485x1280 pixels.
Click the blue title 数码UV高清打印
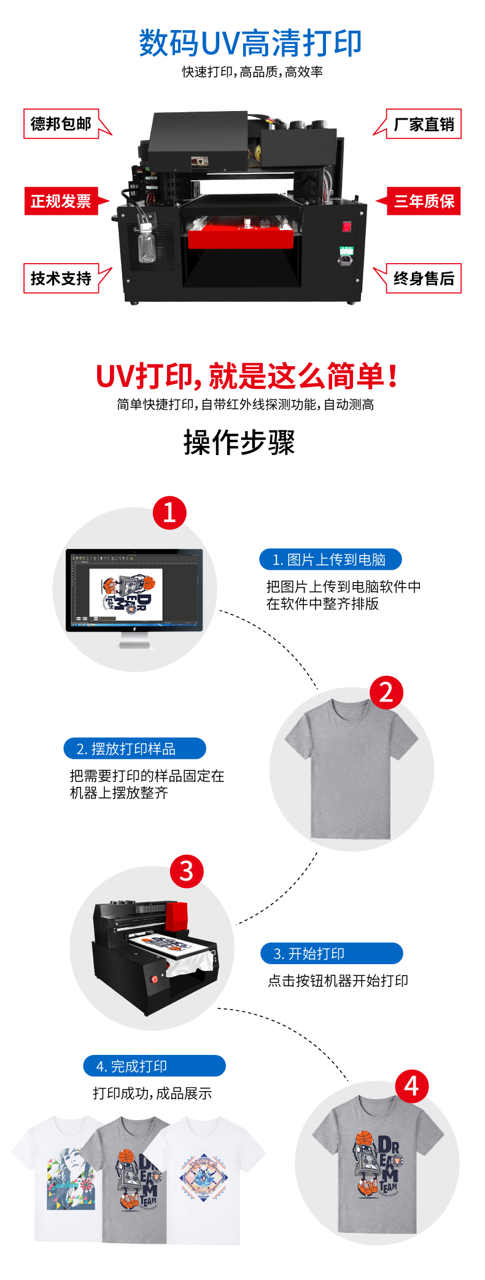(x=250, y=43)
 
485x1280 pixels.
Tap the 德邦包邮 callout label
(x=61, y=124)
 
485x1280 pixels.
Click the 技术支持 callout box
(x=61, y=278)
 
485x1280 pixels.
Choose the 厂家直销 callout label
(x=424, y=124)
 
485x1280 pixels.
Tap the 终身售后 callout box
(x=424, y=278)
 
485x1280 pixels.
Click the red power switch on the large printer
(x=347, y=227)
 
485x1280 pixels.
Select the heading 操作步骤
(x=239, y=442)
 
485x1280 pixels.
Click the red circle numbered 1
(x=169, y=513)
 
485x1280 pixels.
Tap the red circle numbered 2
(x=386, y=692)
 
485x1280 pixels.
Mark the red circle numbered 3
(x=187, y=871)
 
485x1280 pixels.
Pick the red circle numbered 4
(x=411, y=1086)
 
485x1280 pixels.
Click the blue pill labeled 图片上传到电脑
(x=330, y=559)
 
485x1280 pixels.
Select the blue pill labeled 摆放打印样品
(x=135, y=748)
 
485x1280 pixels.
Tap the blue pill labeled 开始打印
(x=332, y=953)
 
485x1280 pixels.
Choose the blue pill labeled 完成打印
(x=155, y=1066)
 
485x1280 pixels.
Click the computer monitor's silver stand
(x=134, y=640)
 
